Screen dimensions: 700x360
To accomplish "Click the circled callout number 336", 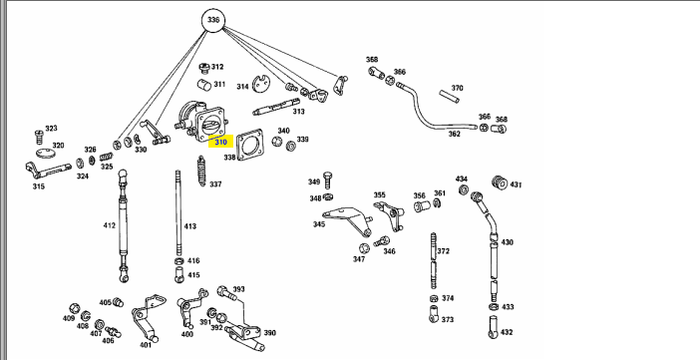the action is (x=213, y=20).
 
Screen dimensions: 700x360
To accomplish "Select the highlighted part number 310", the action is (x=221, y=142).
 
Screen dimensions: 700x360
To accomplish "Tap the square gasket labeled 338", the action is (x=249, y=145).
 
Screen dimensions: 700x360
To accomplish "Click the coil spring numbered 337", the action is (x=201, y=171).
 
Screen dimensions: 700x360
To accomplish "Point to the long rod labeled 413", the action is (x=178, y=212).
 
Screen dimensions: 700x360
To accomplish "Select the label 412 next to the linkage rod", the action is (x=110, y=225).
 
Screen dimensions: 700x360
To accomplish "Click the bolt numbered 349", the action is (x=327, y=180).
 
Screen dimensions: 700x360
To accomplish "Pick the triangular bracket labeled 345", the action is (x=347, y=220).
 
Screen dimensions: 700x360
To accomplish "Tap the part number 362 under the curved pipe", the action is (x=454, y=134).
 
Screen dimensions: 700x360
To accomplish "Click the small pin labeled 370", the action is (x=450, y=97).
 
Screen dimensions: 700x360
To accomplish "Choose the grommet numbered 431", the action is (x=500, y=182).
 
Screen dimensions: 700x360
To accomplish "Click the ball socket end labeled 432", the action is (x=494, y=327).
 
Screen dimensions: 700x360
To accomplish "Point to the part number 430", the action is (x=508, y=242).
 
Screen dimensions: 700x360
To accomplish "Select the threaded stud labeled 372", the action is (x=433, y=261).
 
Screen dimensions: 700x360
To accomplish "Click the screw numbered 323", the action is (x=39, y=138).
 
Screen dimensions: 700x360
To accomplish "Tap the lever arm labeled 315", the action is (x=48, y=171).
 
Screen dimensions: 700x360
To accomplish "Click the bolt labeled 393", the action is (x=227, y=293).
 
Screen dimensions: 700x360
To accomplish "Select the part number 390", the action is (x=269, y=333).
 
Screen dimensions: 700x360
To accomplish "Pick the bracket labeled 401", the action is (x=146, y=318).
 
